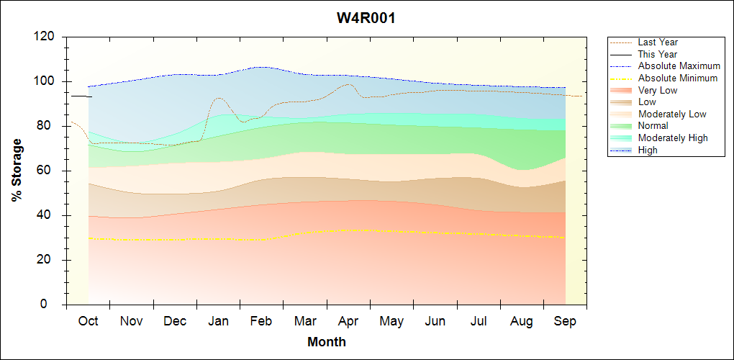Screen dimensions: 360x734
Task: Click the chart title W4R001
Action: tap(366, 18)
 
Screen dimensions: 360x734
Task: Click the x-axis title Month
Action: tap(326, 341)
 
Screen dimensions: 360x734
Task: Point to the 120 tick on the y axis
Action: tap(46, 37)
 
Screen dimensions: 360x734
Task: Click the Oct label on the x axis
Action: tap(88, 321)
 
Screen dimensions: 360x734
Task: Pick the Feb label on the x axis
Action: tap(261, 321)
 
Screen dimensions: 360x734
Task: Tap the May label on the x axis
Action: tap(391, 321)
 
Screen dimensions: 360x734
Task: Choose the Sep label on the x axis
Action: tap(565, 321)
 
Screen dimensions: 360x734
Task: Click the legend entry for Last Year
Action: tap(658, 42)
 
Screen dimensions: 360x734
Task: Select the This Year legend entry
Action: tap(658, 54)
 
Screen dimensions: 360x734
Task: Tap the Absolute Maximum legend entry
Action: tap(679, 66)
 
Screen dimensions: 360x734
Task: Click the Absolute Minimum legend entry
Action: tap(678, 78)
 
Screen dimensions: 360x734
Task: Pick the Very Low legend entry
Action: tap(658, 90)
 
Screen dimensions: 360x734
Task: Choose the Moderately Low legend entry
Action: tap(672, 114)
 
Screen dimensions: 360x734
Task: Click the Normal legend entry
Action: tap(653, 126)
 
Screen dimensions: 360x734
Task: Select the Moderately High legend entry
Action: tap(673, 138)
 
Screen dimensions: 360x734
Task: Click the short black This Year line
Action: tap(81, 96)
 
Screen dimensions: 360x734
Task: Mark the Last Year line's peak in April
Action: tap(349, 84)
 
